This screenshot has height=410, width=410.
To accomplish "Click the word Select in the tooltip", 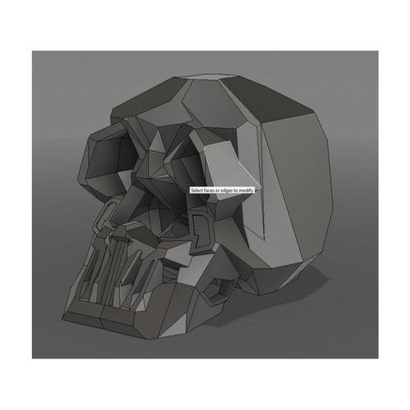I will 197,190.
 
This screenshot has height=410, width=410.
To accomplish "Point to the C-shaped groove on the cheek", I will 199,225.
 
